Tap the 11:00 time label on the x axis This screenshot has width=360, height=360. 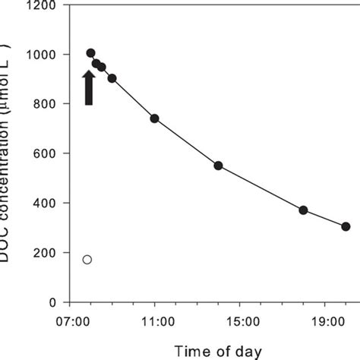click(x=155, y=322)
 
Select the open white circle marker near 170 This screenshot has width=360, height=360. click(x=87, y=260)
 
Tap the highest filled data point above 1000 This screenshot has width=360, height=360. click(x=90, y=53)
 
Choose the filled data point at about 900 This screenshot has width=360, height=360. click(x=112, y=78)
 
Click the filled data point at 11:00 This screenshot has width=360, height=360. click(x=155, y=118)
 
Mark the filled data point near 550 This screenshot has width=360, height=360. click(x=218, y=166)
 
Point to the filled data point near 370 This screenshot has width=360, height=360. click(x=303, y=210)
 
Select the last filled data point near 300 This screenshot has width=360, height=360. click(x=346, y=226)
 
